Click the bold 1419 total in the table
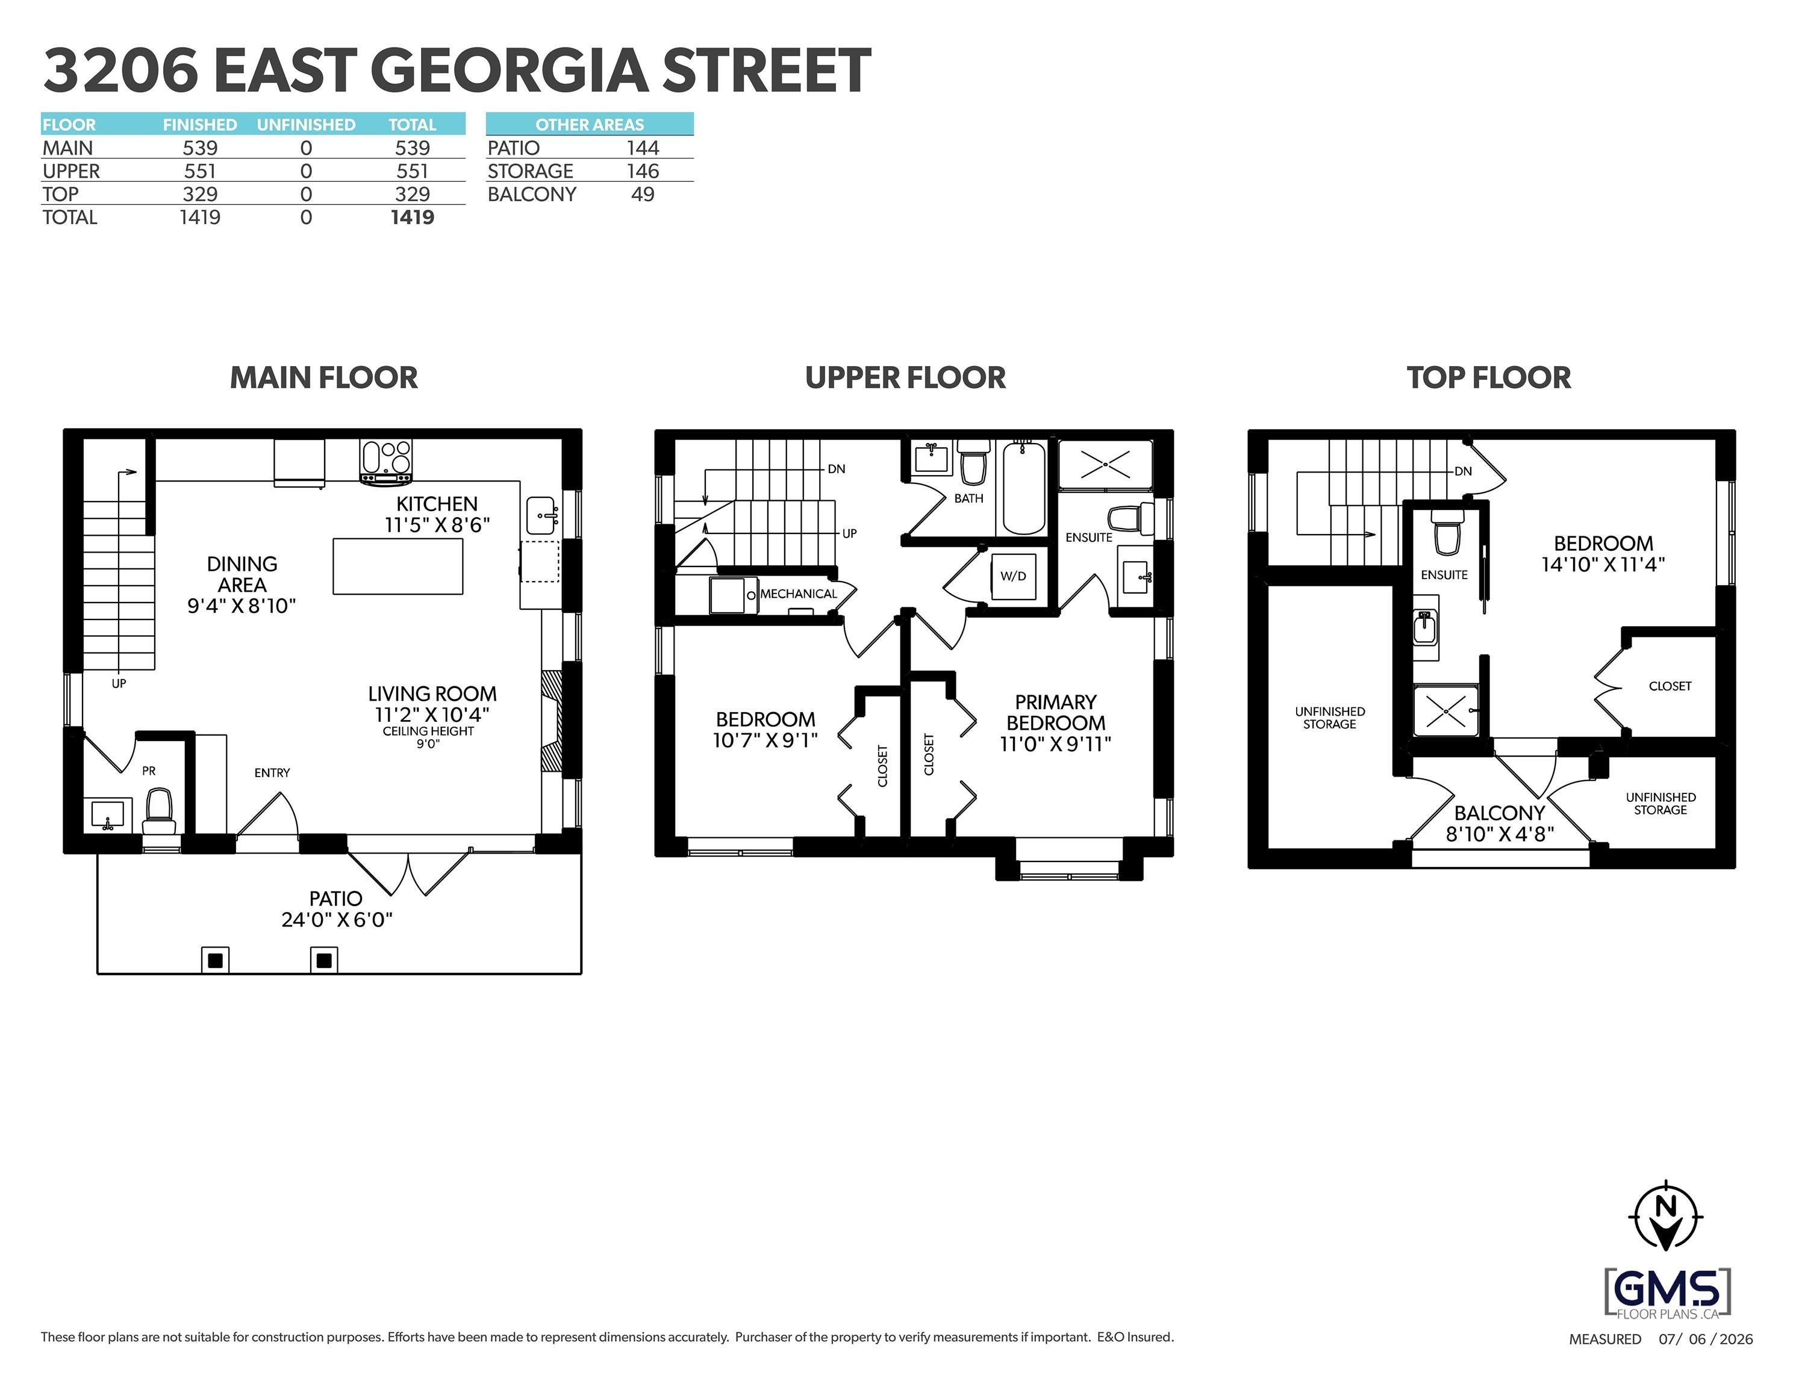tap(412, 217)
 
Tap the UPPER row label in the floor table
tap(72, 171)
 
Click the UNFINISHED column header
tap(306, 125)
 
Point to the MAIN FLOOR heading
tap(324, 377)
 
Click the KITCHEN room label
tap(437, 504)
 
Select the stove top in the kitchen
tap(385, 461)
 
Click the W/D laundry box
tap(1013, 576)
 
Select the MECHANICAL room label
tap(799, 594)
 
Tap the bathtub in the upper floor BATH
tap(1024, 488)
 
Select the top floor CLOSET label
tap(1670, 686)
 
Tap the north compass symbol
tap(1666, 1216)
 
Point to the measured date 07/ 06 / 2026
tap(1706, 1339)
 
